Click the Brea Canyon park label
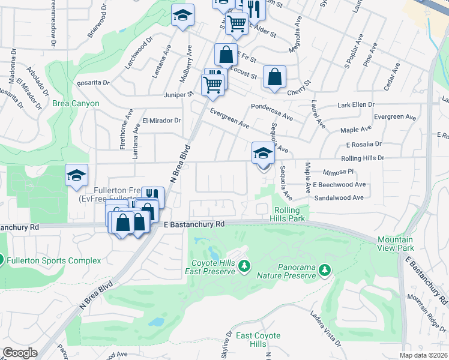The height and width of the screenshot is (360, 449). (76, 104)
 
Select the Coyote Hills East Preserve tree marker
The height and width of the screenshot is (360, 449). (244, 265)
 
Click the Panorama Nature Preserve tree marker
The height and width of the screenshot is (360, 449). (325, 271)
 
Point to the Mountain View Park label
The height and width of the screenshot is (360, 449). (396, 244)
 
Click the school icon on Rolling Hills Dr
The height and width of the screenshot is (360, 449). (262, 154)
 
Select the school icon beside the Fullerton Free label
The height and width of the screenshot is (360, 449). (76, 175)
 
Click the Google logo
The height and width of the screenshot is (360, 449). (19, 353)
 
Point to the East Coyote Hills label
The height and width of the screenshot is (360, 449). (250, 340)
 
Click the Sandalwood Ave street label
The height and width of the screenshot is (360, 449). (339, 197)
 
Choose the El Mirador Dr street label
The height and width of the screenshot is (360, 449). (161, 120)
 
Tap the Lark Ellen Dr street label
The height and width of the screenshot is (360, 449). (360, 105)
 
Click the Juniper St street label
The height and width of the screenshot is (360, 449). (177, 94)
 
